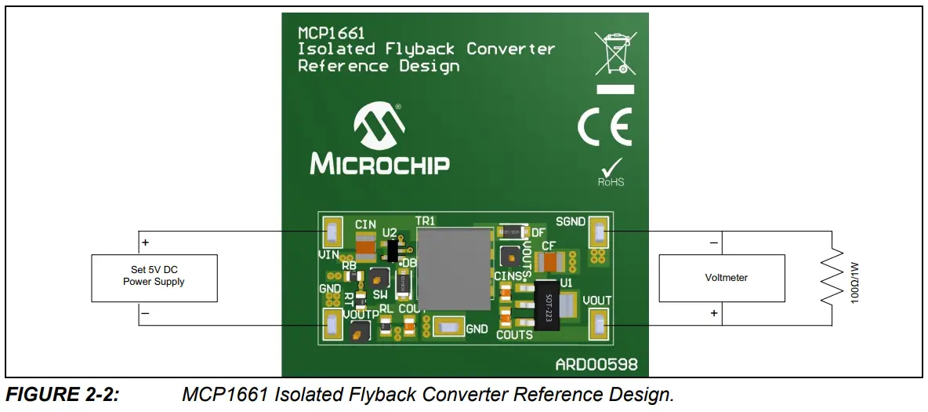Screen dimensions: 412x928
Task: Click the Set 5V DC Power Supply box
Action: (x=154, y=277)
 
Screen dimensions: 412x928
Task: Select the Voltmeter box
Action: (x=721, y=278)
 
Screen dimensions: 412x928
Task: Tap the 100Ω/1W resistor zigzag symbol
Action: (x=832, y=278)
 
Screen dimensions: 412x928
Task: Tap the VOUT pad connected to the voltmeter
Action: (x=600, y=323)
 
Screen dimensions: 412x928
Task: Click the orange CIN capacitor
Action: (x=365, y=248)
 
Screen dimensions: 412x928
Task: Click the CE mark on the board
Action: (x=604, y=127)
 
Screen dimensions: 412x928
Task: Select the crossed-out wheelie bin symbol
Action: (x=614, y=53)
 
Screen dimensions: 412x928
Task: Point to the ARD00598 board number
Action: (x=596, y=365)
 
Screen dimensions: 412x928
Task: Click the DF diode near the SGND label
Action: (x=513, y=232)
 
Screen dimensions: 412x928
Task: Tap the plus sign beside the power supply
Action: (x=145, y=243)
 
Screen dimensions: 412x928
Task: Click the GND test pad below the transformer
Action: (x=448, y=326)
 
